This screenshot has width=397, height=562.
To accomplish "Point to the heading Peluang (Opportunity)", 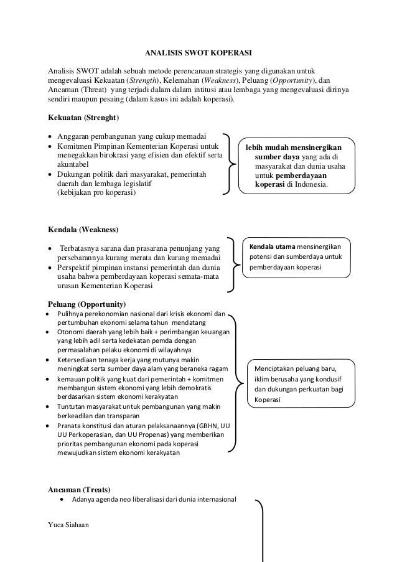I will (x=86, y=304).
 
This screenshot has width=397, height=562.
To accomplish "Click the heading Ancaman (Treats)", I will (x=80, y=489).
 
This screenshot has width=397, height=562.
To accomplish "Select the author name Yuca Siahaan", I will (x=68, y=525).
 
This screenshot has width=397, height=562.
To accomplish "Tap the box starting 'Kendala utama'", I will (x=297, y=256).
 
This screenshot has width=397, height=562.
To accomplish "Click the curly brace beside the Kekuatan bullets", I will (x=232, y=164).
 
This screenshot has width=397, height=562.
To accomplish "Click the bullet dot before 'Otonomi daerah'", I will (x=49, y=333).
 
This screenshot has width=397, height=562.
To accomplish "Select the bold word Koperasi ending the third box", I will (x=266, y=400).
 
